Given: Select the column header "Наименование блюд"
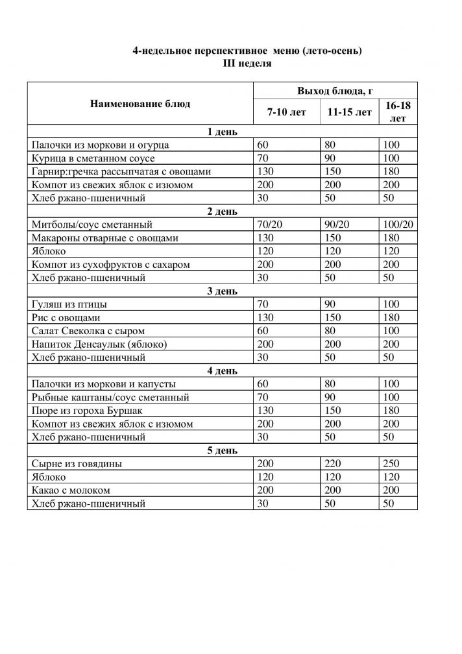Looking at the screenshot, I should point(140,104).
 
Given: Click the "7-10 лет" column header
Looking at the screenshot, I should point(286,112).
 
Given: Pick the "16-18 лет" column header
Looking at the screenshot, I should point(398,112).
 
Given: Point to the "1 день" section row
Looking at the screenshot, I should point(221,132).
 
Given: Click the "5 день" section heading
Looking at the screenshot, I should point(221,450).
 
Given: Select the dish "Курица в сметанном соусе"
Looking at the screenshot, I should point(93,158).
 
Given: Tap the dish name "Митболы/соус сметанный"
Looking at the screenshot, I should point(91,224).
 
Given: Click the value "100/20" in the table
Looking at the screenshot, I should point(398,224).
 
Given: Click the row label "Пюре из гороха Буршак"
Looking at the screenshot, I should point(86,411).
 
